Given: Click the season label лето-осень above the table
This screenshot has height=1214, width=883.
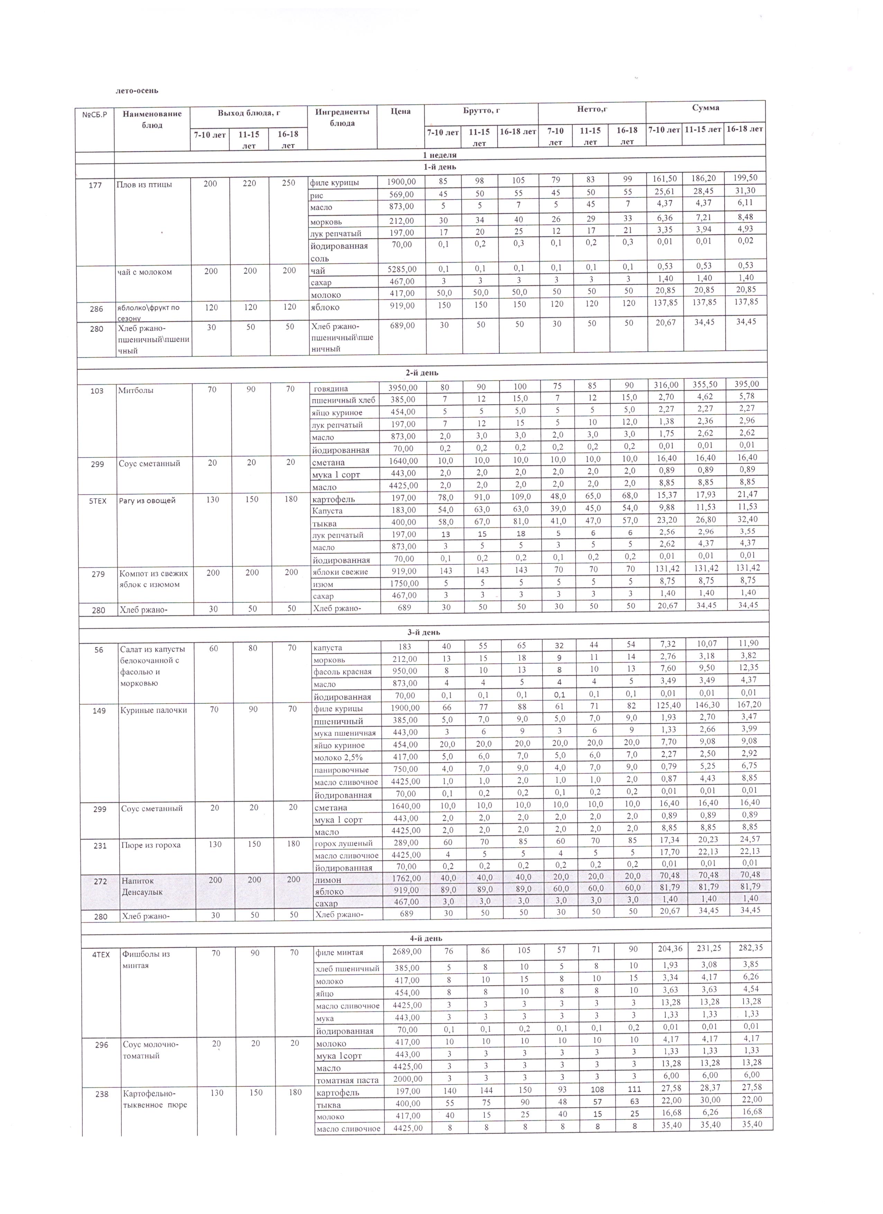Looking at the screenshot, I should pos(137,91).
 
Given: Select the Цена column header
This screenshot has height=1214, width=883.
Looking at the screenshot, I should pos(401,111).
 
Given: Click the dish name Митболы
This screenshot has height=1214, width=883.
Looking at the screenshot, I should pos(136,390).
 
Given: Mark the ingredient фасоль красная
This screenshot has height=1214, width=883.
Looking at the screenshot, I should pos(342,671).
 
